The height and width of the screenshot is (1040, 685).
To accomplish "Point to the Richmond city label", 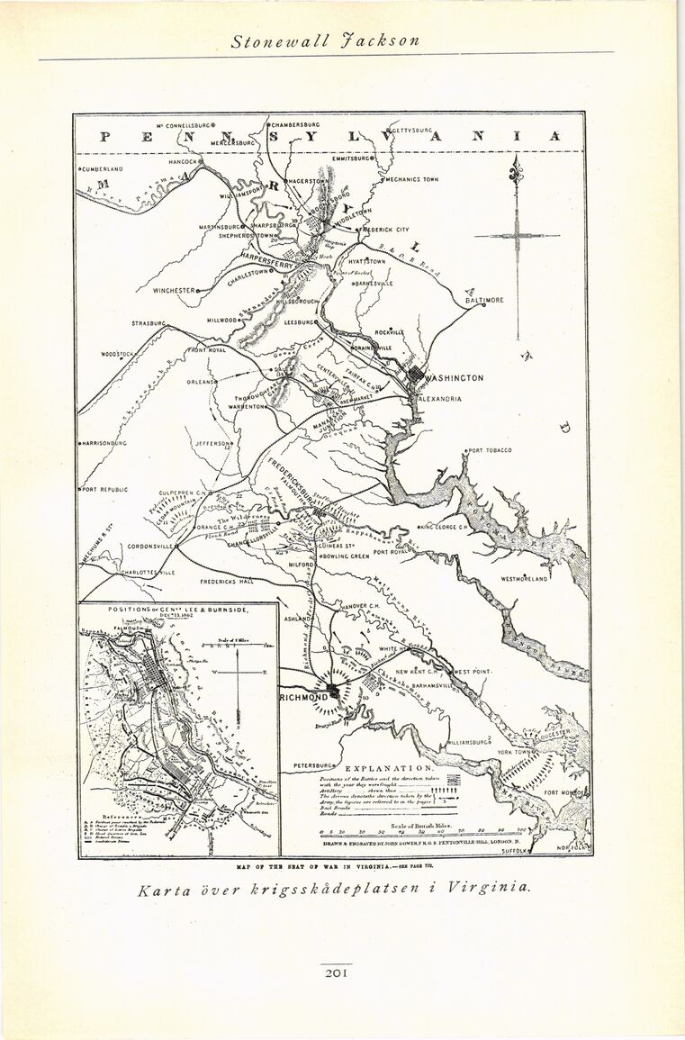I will pos(304,698).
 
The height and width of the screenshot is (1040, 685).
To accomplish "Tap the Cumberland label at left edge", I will pos(101,168).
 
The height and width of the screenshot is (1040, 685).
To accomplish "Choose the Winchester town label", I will pos(174,291).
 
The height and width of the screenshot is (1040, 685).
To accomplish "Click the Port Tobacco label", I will pos(491,450).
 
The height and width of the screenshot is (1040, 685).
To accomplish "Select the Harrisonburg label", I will pos(104,443).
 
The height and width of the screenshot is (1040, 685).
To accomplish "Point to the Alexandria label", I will pos(440,398).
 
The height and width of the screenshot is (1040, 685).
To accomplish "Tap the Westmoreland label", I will pos(524,579).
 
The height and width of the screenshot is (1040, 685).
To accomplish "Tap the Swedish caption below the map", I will pos(334,888).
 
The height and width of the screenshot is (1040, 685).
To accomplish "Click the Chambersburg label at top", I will pos(295,124).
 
